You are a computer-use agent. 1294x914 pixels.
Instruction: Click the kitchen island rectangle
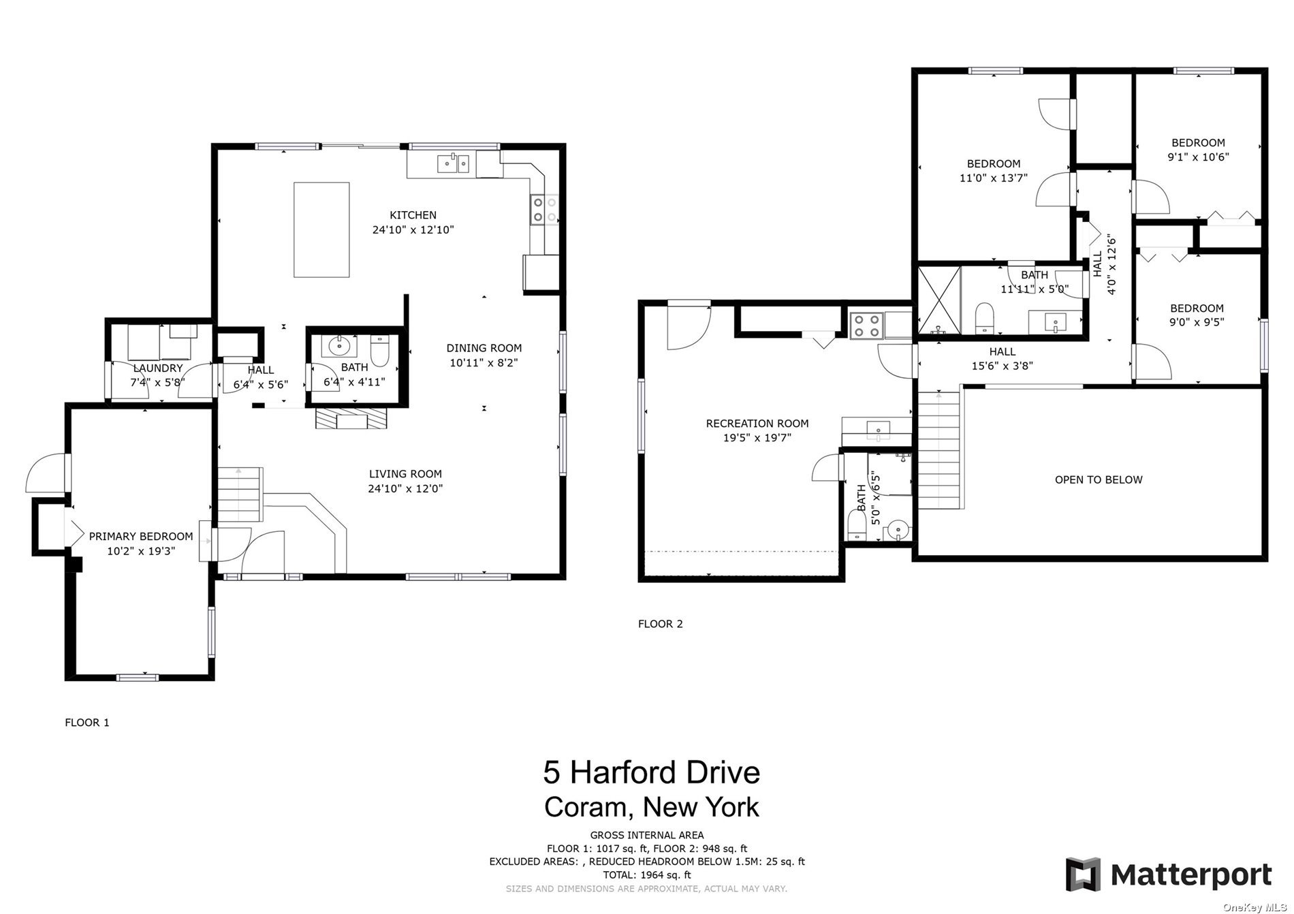(321, 230)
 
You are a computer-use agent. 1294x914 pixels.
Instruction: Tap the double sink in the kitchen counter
(453, 163)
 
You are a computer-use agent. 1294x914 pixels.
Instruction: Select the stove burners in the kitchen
(544, 210)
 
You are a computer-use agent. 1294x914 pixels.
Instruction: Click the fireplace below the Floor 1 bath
(351, 418)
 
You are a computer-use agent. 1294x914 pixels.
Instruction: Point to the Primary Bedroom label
(141, 537)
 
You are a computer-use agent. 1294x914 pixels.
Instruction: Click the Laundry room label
(157, 368)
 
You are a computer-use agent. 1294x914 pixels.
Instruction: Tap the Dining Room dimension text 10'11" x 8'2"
(484, 363)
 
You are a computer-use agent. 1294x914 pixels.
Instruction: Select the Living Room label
(405, 474)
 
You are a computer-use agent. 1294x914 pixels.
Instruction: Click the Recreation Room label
(757, 424)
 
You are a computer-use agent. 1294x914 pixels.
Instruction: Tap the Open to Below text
(1098, 480)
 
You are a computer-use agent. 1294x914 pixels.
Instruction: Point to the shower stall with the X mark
(938, 300)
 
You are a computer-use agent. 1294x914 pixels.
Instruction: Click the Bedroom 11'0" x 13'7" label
(993, 164)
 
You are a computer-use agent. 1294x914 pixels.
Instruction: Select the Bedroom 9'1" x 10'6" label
(1197, 143)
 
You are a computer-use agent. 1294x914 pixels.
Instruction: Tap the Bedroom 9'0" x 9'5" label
(1196, 309)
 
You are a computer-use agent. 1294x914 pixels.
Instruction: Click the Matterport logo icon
(1083, 874)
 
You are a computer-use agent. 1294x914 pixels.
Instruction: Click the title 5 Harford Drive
(651, 772)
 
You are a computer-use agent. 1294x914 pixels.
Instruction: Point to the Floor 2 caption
(660, 624)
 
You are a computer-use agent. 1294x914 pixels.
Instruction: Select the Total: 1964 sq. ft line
(646, 875)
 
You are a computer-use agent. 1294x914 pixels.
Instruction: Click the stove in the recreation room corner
(866, 325)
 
